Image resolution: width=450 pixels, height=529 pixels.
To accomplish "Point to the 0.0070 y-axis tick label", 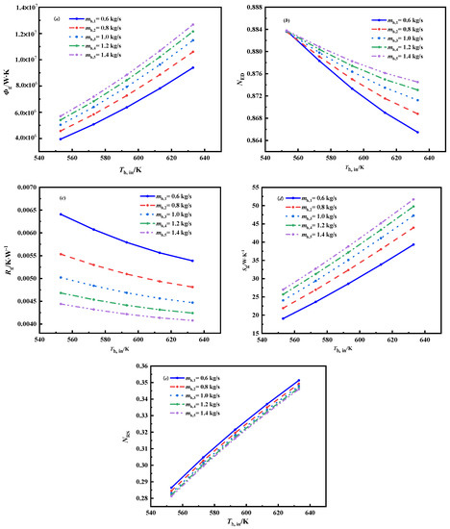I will [24, 188].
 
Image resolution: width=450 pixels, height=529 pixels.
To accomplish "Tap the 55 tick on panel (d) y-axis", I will [258, 188].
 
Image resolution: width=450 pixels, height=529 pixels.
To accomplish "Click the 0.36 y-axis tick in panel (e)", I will [142, 366].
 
